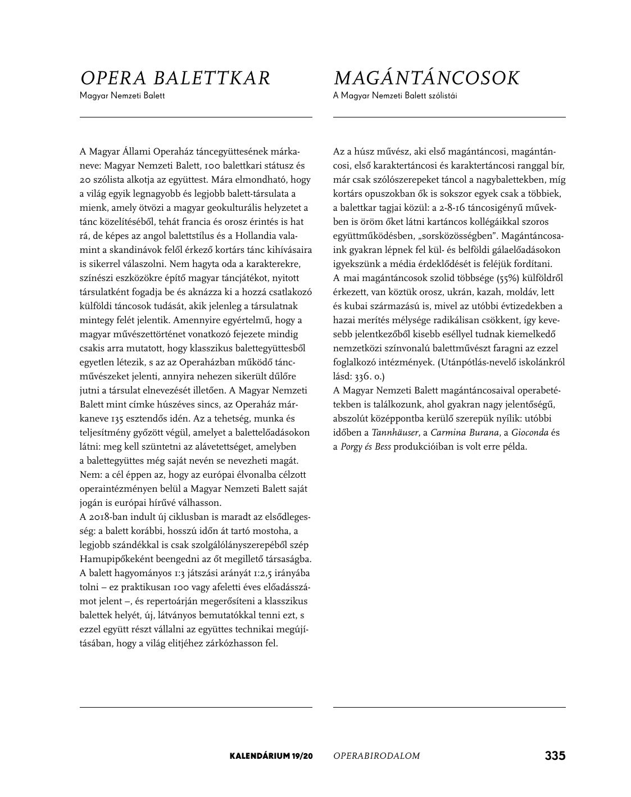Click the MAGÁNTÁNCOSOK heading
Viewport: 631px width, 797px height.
click(426, 78)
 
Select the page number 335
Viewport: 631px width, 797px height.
click(555, 755)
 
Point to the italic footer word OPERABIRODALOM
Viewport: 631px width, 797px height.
click(376, 756)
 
